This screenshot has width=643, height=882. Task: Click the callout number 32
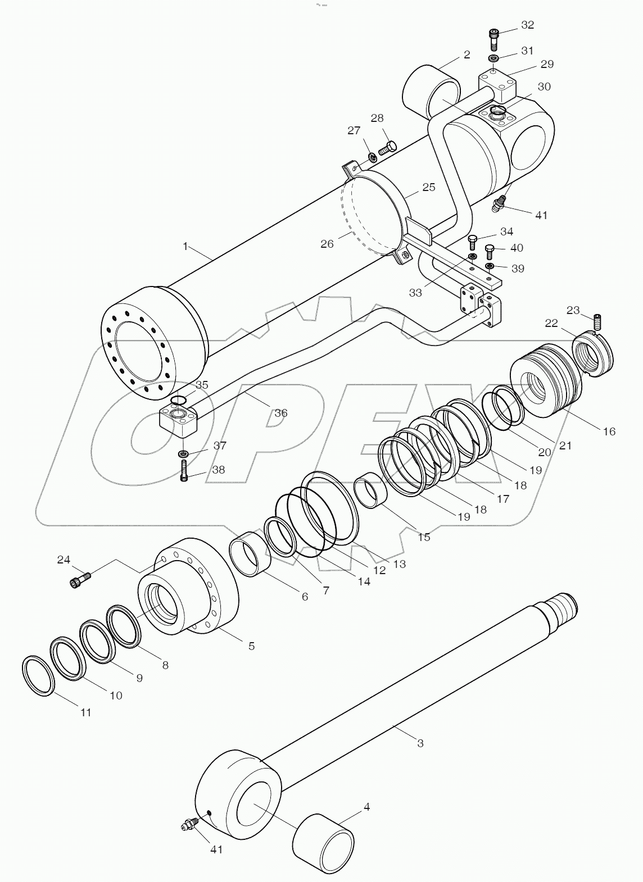(x=527, y=25)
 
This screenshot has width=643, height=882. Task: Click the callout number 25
(x=429, y=187)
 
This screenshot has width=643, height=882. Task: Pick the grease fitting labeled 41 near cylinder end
(x=498, y=204)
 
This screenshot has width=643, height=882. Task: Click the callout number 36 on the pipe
(x=280, y=413)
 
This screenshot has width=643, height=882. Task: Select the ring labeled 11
(x=38, y=675)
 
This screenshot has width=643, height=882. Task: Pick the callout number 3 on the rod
(x=420, y=743)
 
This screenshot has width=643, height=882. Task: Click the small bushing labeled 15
(x=369, y=491)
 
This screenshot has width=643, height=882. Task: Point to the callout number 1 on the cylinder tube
(x=185, y=245)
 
